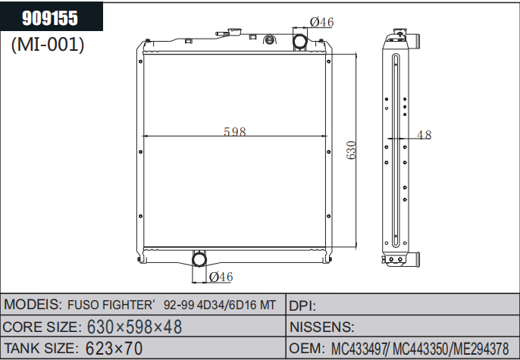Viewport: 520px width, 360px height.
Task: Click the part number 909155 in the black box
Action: point(50,18)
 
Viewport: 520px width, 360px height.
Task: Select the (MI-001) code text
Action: point(48,45)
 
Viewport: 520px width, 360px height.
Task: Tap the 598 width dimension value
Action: point(235,132)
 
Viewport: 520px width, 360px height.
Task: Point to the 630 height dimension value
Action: point(351,150)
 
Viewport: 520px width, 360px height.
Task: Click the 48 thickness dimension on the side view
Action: point(424,135)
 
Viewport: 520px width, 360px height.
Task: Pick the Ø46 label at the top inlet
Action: point(321,22)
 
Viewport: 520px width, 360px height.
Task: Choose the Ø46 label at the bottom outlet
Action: point(221,277)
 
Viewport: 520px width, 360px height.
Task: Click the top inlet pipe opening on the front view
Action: point(300,42)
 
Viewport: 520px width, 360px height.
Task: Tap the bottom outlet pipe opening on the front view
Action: point(199,259)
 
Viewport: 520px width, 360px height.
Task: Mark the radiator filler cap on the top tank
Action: point(234,32)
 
